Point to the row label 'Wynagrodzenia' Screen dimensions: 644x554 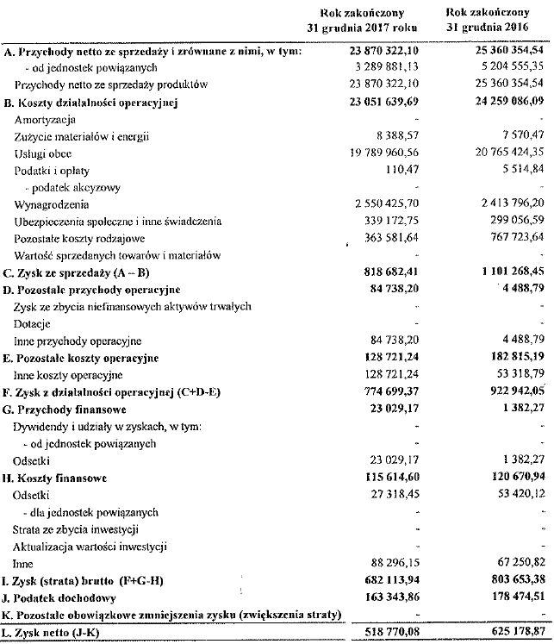coord(52,203)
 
